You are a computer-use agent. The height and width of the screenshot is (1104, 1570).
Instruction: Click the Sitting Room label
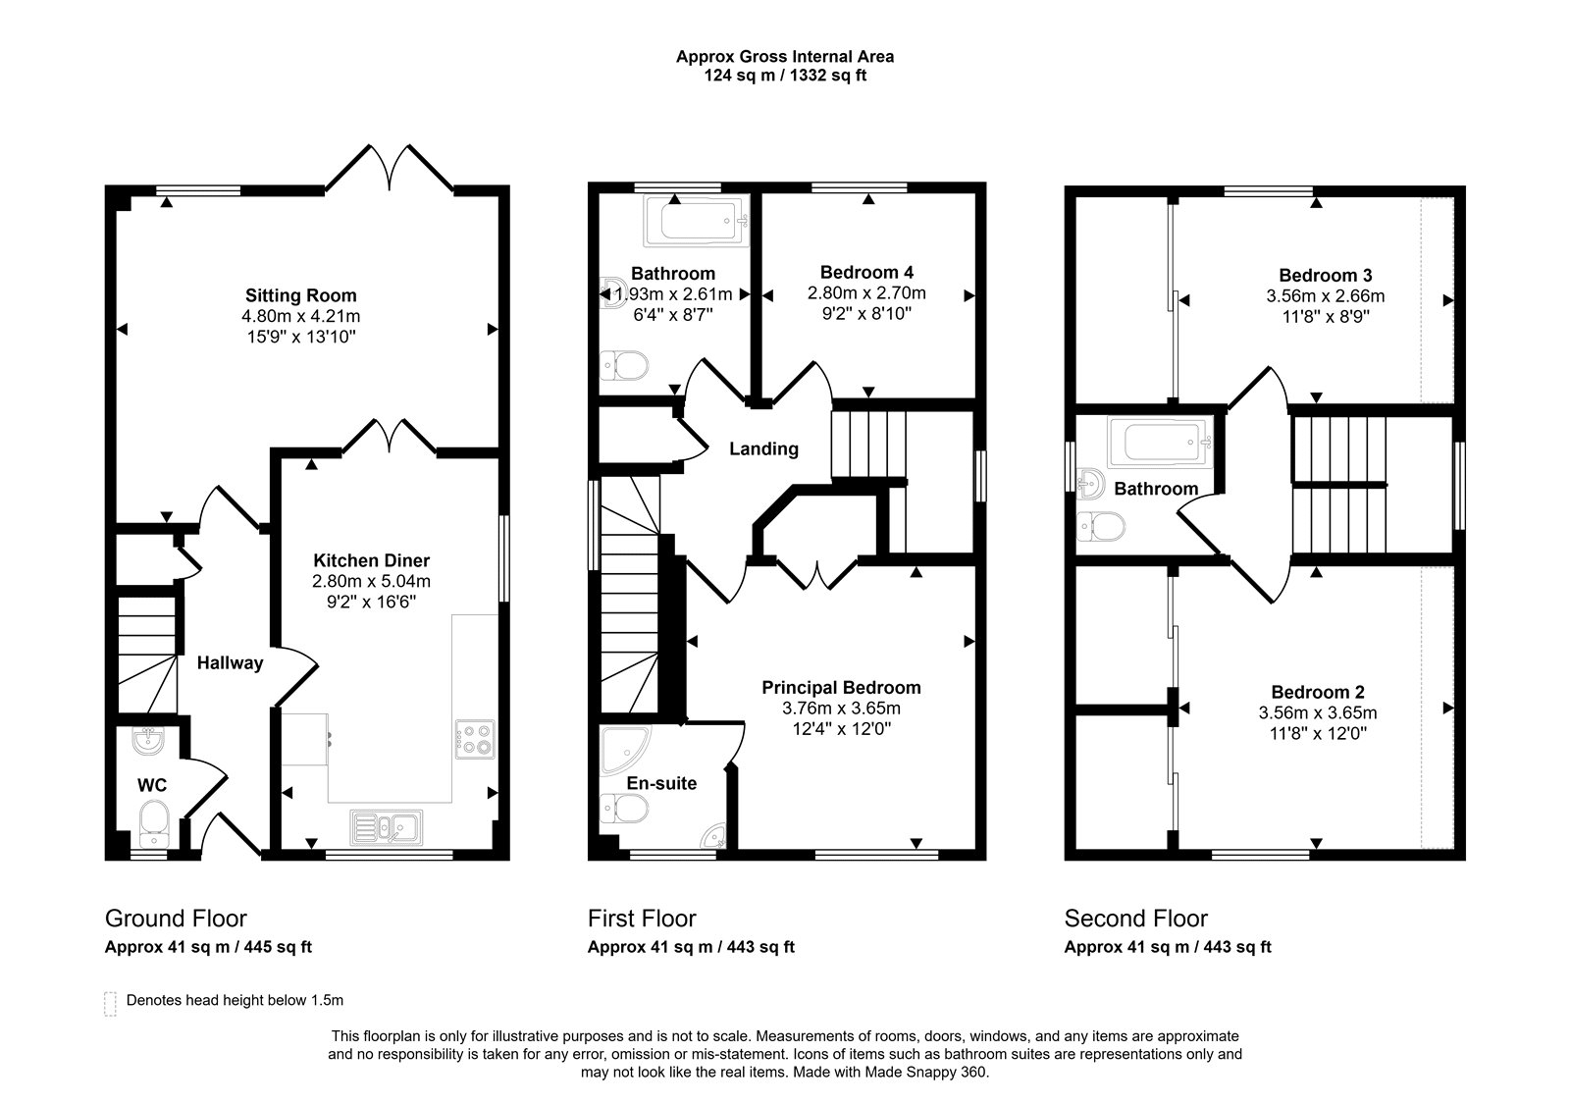300,295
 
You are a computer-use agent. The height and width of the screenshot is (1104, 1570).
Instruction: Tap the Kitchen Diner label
372,560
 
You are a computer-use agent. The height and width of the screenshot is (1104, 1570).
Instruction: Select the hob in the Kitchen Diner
475,740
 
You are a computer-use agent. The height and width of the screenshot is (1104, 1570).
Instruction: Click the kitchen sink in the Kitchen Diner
387,827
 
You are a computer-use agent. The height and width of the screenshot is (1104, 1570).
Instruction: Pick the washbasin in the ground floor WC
148,741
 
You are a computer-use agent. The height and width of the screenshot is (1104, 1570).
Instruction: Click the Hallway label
230,663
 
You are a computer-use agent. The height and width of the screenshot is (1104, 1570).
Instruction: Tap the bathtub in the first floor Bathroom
696,221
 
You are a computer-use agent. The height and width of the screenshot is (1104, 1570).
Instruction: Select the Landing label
764,448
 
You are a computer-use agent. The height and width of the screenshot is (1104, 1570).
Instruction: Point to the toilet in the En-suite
624,809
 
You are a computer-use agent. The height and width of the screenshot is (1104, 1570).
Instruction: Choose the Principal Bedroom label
841,688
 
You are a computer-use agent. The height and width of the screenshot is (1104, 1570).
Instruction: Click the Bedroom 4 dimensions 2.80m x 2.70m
866,293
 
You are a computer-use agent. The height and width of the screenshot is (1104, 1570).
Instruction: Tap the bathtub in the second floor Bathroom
1160,443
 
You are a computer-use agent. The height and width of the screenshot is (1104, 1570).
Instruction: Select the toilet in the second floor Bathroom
1101,526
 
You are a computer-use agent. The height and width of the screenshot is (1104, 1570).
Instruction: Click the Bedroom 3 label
1326,276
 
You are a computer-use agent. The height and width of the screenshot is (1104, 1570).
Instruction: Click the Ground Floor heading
176,919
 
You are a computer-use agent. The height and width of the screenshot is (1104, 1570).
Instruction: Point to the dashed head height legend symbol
110,1004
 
